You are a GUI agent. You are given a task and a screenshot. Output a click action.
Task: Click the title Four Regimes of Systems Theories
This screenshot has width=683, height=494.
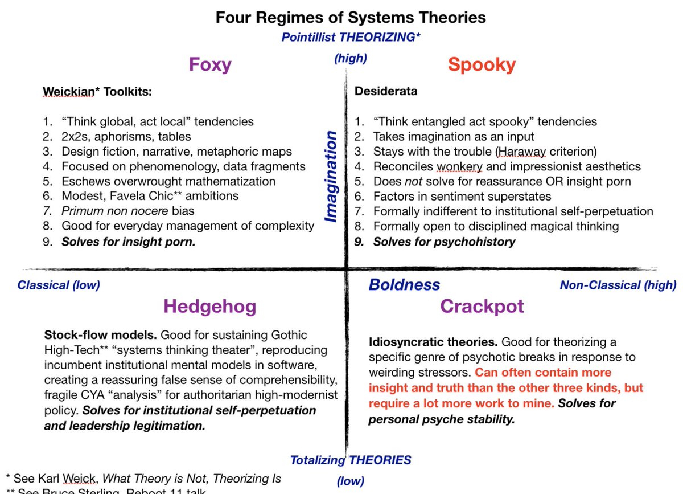coord(351,17)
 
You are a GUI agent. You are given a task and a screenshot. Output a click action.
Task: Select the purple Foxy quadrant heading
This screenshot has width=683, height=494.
coord(210,64)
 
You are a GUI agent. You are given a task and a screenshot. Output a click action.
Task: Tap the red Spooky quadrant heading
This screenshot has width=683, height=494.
coord(482,64)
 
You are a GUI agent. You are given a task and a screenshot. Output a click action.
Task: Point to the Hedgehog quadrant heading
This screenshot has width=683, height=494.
coord(209,307)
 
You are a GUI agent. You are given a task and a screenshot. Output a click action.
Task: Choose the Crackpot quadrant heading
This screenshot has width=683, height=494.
coord(482,307)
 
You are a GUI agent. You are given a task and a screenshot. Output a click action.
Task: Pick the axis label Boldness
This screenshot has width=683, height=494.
coord(404,284)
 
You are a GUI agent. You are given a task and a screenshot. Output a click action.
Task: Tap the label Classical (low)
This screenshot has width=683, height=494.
coord(59,285)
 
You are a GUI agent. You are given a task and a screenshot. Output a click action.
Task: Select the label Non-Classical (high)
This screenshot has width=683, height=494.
coord(618,285)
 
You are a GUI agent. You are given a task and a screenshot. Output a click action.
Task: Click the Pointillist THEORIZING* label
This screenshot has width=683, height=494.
coord(351,37)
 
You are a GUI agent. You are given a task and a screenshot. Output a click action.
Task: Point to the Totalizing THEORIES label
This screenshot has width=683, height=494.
coord(351,460)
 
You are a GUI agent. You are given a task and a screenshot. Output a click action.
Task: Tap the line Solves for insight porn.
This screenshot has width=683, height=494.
coord(128,241)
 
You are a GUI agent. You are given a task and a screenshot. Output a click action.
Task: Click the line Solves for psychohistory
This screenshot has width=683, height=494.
coord(443,241)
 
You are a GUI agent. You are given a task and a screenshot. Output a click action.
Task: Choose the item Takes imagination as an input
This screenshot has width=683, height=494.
coord(453,136)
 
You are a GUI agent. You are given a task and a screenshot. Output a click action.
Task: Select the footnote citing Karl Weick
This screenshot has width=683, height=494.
coord(143,479)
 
